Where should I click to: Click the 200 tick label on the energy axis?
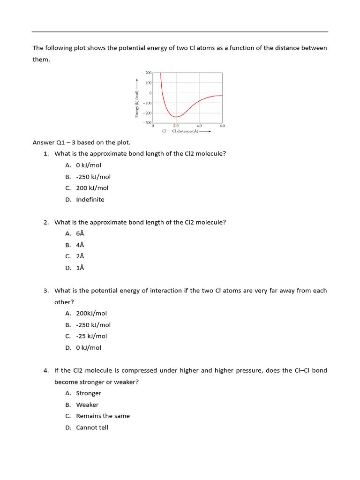(x=148, y=73)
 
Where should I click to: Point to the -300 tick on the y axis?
(x=148, y=123)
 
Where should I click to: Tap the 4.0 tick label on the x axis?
(x=199, y=126)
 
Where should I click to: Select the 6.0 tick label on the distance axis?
(x=222, y=126)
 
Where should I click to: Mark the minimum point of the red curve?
(x=175, y=117)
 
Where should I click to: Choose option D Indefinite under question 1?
(x=90, y=199)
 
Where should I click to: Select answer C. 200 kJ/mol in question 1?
(x=92, y=188)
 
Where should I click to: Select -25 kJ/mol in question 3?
(x=91, y=336)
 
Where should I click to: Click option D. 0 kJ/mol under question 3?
(x=89, y=348)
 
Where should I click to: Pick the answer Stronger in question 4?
(x=89, y=393)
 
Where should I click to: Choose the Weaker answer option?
(x=87, y=405)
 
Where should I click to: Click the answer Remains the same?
(x=103, y=416)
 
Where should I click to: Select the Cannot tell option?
(x=92, y=427)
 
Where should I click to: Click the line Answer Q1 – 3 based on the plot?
(x=81, y=142)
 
